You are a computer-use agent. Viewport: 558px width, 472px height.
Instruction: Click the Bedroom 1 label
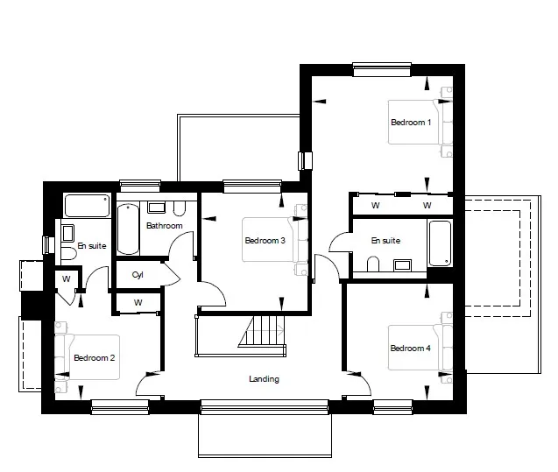point(411,123)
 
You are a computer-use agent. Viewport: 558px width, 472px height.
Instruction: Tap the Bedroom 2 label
point(95,358)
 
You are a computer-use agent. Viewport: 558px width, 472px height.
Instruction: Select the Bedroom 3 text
point(265,241)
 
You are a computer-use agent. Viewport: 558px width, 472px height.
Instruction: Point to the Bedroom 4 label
point(410,348)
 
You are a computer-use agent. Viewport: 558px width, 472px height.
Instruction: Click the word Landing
point(264,379)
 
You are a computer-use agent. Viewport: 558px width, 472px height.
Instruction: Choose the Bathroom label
point(165,226)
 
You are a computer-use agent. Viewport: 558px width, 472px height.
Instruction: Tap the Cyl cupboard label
point(138,275)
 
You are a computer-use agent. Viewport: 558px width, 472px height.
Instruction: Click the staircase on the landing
point(262,331)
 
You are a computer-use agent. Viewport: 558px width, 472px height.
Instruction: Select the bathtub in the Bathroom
point(128,229)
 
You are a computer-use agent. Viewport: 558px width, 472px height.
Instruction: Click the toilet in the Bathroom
point(180,208)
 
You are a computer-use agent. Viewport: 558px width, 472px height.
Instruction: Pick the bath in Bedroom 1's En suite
point(441,243)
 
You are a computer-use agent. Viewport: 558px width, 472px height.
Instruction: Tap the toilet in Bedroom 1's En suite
point(373,264)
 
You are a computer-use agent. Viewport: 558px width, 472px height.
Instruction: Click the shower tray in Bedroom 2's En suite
point(87,206)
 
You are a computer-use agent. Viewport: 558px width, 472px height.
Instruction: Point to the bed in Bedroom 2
point(88,357)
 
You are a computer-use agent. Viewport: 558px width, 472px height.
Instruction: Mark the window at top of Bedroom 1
point(382,69)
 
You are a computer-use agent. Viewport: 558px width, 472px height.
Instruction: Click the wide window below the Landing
point(265,407)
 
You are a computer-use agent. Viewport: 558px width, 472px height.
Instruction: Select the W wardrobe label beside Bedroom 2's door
point(67,278)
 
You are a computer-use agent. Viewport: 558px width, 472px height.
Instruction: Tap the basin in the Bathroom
point(156,208)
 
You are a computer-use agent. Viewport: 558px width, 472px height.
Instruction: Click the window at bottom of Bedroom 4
point(392,407)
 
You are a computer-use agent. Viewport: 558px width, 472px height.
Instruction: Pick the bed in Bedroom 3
point(275,240)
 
